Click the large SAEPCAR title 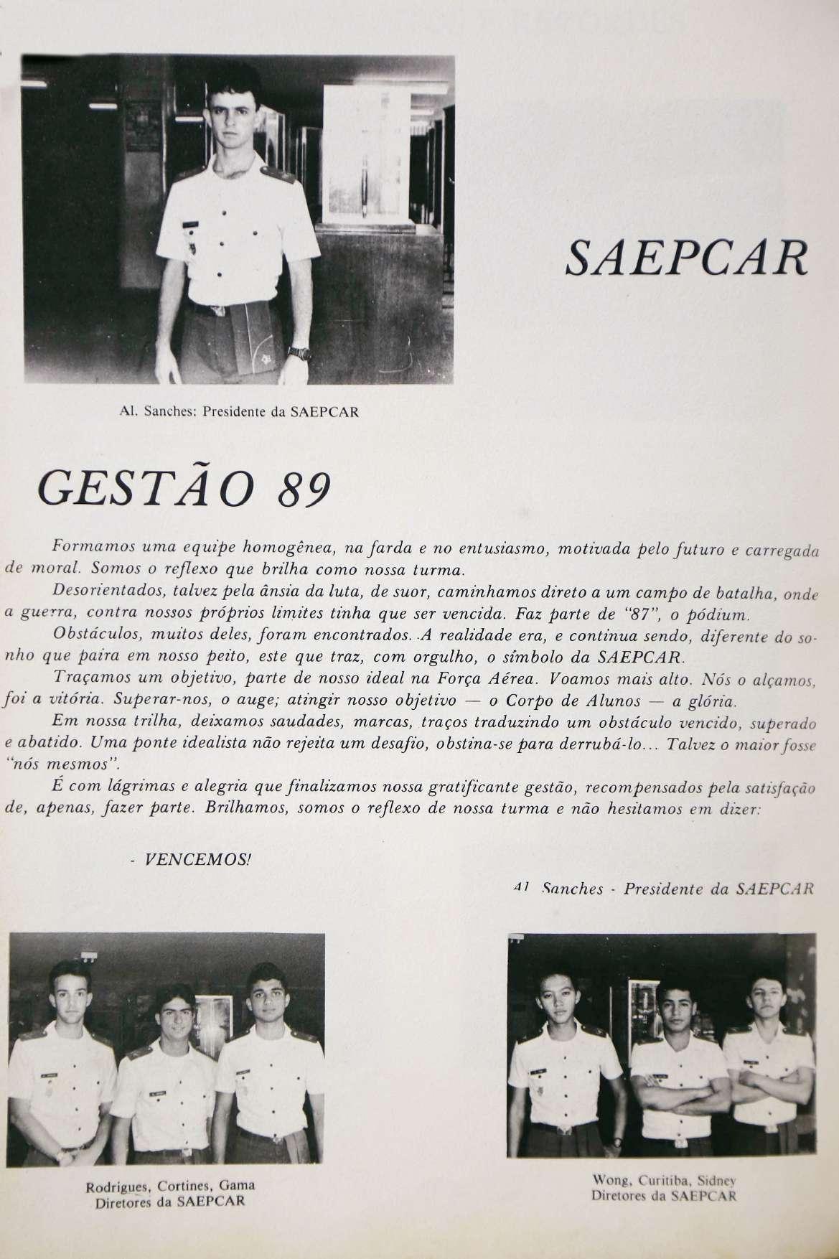point(687,259)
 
